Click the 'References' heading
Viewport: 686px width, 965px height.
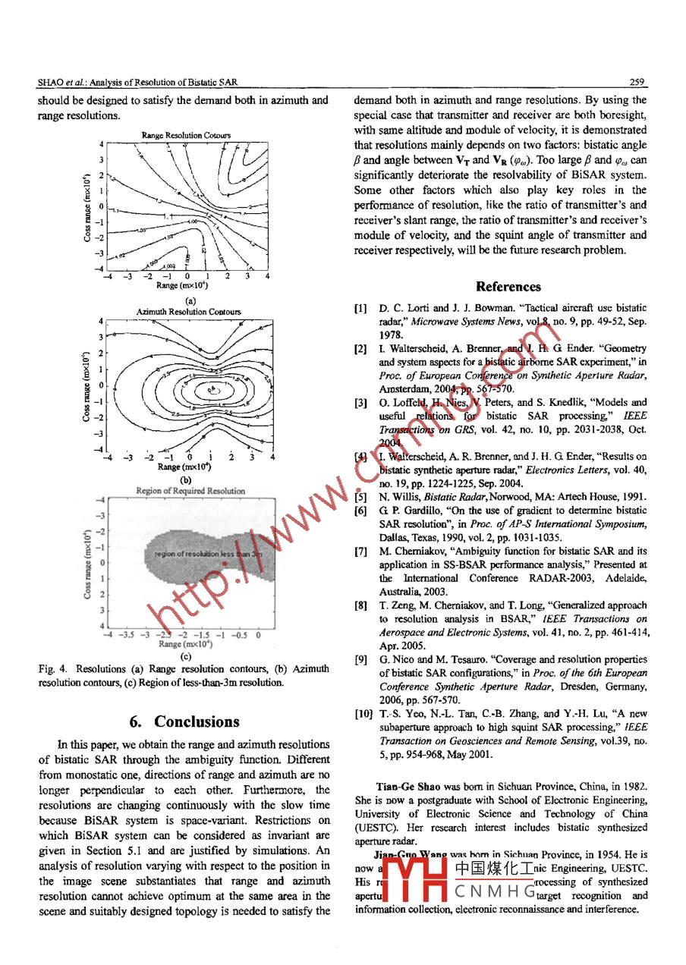tap(508, 287)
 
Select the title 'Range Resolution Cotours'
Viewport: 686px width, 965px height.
tap(186, 135)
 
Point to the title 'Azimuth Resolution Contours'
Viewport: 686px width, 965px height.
tap(188, 312)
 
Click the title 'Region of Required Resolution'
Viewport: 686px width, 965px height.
tap(190, 491)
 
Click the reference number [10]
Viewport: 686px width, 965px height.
tap(363, 714)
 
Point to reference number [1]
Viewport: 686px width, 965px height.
tap(361, 309)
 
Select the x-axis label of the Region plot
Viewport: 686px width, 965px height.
tap(185, 644)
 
